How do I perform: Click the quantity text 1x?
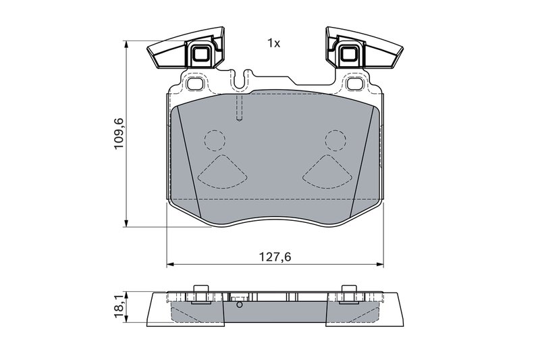tap(273, 43)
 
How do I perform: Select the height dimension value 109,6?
tap(119, 134)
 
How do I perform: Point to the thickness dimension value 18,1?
tap(119, 306)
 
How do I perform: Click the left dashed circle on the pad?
tap(215, 140)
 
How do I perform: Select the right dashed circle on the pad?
tap(335, 140)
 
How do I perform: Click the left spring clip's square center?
tap(200, 53)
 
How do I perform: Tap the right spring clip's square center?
tap(349, 53)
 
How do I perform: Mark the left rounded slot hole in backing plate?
tap(195, 84)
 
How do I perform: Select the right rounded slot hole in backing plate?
tap(354, 84)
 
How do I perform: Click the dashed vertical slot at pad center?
tap(239, 108)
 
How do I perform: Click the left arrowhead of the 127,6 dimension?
tap(169, 263)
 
